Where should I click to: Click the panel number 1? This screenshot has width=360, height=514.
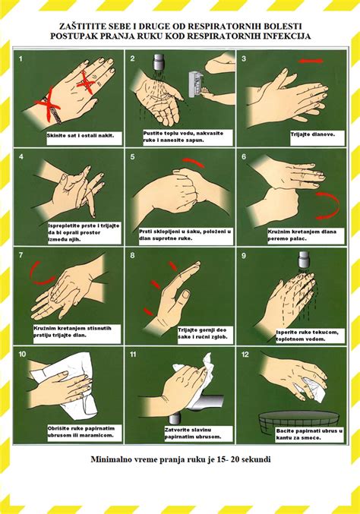pyautogui.click(x=21, y=59)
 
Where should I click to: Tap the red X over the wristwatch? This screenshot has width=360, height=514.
pyautogui.click(x=48, y=104)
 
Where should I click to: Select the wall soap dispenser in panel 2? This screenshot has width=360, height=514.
pyautogui.click(x=195, y=84)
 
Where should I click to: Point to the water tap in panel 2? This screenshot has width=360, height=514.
pyautogui.click(x=159, y=61)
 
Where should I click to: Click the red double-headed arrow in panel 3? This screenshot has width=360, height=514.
pyautogui.click(x=311, y=61)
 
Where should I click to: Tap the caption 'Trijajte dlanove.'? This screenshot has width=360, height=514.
pyautogui.click(x=312, y=134)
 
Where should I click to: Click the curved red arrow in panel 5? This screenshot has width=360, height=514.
pyautogui.click(x=194, y=162)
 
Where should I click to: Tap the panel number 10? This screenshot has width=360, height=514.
pyautogui.click(x=22, y=355)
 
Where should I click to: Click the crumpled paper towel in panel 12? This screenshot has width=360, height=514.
pyautogui.click(x=314, y=389)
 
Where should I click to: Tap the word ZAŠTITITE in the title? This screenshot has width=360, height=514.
pyautogui.click(x=78, y=26)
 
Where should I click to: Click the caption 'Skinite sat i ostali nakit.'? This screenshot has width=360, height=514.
pyautogui.click(x=81, y=135)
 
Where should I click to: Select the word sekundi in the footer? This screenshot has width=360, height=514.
pyautogui.click(x=256, y=459)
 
